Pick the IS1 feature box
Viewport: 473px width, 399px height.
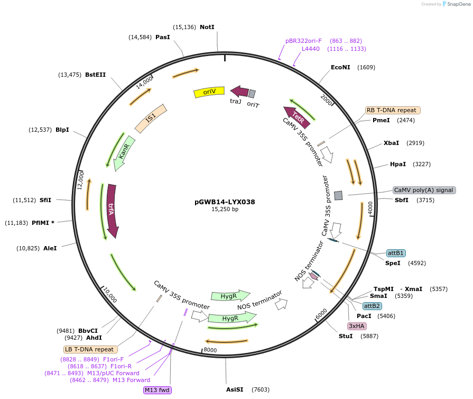tap(151, 118)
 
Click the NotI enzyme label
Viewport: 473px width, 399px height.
tap(207, 27)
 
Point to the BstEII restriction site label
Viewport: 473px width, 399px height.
tap(95, 75)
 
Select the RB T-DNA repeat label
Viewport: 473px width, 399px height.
tap(393, 111)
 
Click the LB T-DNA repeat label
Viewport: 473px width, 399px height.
tap(89, 349)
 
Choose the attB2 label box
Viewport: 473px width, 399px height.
tap(372, 306)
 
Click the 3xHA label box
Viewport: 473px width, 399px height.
tap(356, 326)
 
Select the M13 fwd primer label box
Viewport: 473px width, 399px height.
tap(157, 391)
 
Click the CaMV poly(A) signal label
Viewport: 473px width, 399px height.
tap(424, 190)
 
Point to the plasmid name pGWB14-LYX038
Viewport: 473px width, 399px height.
tap(225, 202)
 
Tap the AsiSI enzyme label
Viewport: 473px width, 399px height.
tap(235, 389)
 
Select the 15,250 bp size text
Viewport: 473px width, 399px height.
tap(225, 210)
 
